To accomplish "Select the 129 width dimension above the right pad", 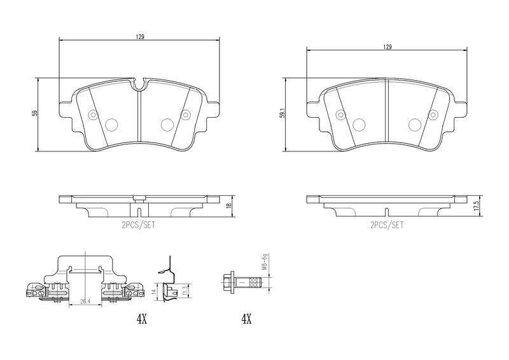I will (387, 47).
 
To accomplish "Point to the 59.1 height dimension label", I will (282, 115).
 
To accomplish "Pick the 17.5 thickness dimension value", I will (476, 205).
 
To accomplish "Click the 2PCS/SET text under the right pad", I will (387, 225).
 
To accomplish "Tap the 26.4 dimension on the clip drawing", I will (85, 301).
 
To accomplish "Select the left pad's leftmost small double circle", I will (93, 115).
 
